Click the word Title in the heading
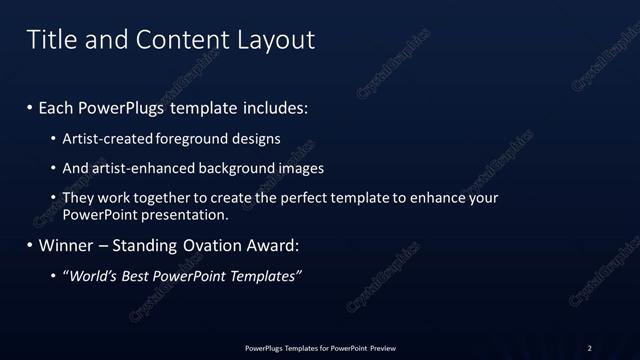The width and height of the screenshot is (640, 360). click(49, 40)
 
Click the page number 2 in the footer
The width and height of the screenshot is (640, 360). click(590, 348)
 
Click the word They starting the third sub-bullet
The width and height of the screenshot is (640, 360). click(79, 198)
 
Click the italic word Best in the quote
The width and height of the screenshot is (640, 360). click(137, 276)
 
